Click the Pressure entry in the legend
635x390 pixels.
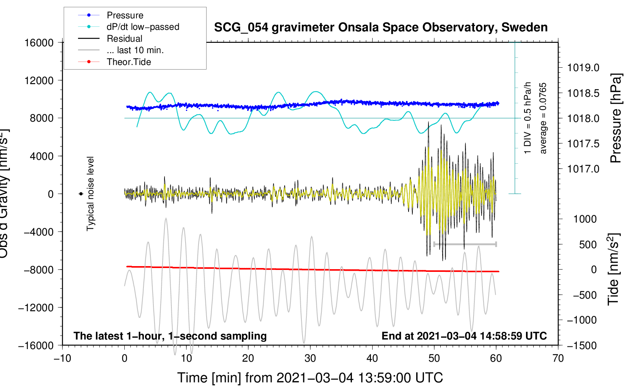pos(125,15)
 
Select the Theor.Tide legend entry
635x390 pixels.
pos(129,62)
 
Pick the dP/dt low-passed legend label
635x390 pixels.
pos(143,27)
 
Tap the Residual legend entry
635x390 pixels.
pos(124,39)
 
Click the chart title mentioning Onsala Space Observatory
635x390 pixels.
pos(381,28)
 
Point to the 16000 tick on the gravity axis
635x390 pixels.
pos(39,43)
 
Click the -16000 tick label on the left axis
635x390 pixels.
pos(36,346)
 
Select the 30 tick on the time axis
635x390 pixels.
pos(310,359)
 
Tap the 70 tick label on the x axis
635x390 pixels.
pos(558,359)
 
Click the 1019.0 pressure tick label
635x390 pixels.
pos(583,68)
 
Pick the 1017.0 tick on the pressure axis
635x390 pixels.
pos(583,169)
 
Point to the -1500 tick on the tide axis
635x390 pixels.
pos(582,346)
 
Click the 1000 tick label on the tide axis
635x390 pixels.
pos(585,219)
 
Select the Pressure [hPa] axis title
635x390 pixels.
pos(616,118)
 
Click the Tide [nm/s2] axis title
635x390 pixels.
pos(614,269)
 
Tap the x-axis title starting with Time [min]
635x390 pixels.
pos(310,378)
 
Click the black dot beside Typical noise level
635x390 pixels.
pos(81,194)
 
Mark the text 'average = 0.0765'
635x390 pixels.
pos(543,118)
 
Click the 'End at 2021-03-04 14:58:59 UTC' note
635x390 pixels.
pos(464,336)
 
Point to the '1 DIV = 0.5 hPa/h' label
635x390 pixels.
pos(528,118)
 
